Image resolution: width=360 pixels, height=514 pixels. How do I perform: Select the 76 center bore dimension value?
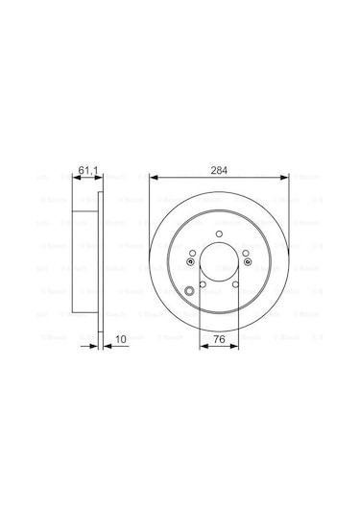coord(220,337)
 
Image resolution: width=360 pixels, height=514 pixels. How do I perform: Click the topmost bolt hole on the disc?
coord(220,235)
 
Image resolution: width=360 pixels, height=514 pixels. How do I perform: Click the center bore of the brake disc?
coord(220,263)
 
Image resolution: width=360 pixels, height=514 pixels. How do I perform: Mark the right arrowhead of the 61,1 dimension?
coord(101,178)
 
